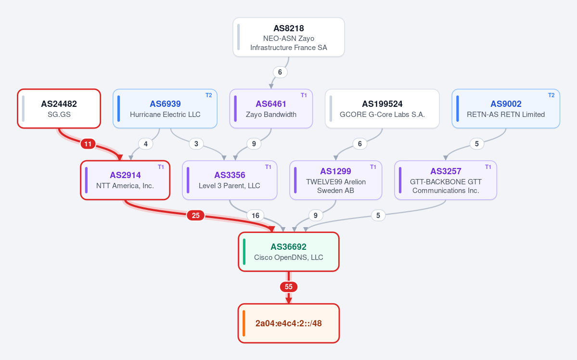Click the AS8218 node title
(x=289, y=28)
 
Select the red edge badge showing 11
(x=88, y=144)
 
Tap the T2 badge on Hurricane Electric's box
(x=209, y=95)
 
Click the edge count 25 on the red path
(x=196, y=215)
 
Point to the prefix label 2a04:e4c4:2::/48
(x=289, y=323)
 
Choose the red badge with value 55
(x=289, y=287)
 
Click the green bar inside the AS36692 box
(x=244, y=252)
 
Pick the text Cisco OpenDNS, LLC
(x=289, y=257)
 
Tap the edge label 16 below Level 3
(x=256, y=215)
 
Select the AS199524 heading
(x=382, y=104)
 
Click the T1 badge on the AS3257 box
(x=488, y=167)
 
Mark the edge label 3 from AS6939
(x=196, y=144)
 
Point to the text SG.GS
(x=59, y=115)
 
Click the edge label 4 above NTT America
(x=146, y=144)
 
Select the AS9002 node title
(x=506, y=104)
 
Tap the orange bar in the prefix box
(x=244, y=323)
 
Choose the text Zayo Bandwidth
(x=271, y=115)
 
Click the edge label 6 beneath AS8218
(x=280, y=72)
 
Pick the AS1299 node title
(x=335, y=171)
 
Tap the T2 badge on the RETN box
(x=551, y=95)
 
